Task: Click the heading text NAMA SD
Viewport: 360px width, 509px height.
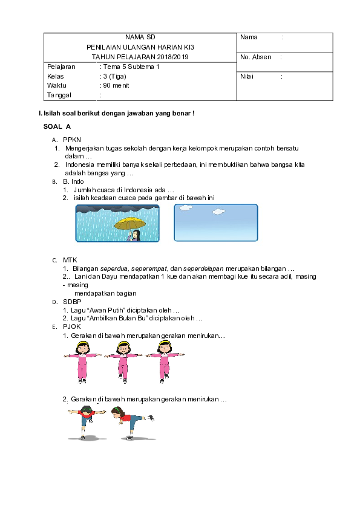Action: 140,37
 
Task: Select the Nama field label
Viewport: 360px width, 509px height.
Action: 249,37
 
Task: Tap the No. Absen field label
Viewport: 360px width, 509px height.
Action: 256,57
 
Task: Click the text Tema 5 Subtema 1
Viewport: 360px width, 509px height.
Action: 131,66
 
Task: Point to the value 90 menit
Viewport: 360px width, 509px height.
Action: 116,85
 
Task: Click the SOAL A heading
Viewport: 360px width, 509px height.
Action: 57,126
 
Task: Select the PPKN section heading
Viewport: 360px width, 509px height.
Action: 72,139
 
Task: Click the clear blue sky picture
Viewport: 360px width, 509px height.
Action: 215,223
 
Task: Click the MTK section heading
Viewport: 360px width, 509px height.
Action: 70,260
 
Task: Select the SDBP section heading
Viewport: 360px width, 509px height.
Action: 72,301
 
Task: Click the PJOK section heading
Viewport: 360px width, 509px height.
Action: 72,326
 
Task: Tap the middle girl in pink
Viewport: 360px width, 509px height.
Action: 123,360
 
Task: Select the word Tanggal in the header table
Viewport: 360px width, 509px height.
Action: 59,95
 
